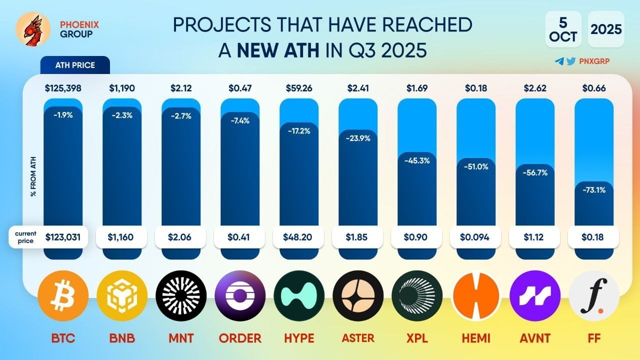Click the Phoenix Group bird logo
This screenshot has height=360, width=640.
(33, 29)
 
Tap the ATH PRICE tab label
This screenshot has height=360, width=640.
(75, 65)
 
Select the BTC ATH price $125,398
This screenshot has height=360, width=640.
(63, 88)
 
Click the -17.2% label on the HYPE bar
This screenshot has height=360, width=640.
(299, 131)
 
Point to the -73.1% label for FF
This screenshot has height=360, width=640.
(594, 190)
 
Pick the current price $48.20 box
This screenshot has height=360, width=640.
(299, 237)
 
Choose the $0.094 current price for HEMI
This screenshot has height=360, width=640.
(476, 237)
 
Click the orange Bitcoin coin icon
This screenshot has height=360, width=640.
(63, 295)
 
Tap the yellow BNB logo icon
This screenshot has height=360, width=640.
(122, 295)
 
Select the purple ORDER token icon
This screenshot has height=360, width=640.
(240, 295)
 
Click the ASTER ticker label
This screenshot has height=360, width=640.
(358, 338)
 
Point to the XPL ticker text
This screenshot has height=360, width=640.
(417, 338)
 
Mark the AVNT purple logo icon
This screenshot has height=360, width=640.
(535, 295)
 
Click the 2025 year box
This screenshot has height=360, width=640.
(606, 29)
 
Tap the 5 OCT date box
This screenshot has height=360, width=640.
(563, 29)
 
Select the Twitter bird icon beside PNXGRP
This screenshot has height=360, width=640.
(569, 61)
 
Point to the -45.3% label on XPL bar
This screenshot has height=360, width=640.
(417, 161)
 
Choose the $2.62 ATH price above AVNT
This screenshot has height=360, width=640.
(535, 88)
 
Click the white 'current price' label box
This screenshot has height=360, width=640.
(24, 237)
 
